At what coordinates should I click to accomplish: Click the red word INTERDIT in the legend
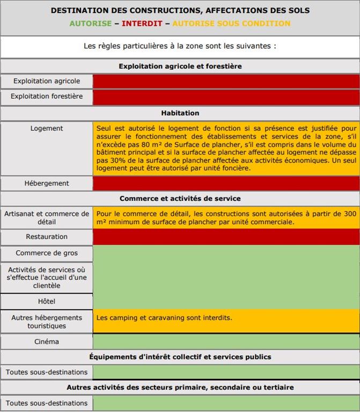click(142, 24)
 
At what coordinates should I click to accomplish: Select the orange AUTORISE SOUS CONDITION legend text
click(231, 24)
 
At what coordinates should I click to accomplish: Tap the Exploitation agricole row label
click(47, 81)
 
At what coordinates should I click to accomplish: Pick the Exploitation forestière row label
click(47, 97)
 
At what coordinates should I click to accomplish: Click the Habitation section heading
click(180, 113)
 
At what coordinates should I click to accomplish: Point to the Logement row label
click(47, 129)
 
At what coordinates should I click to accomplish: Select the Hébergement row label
click(47, 183)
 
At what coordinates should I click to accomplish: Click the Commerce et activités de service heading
click(180, 198)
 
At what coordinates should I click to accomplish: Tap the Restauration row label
click(47, 237)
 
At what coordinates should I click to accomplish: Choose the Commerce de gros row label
click(47, 253)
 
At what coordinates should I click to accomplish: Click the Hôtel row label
click(47, 301)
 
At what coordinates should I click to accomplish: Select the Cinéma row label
click(47, 342)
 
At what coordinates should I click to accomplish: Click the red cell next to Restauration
click(226, 237)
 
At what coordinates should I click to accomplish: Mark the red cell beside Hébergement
click(226, 183)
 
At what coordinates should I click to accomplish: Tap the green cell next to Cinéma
click(226, 342)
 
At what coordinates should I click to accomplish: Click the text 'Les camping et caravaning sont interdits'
click(164, 318)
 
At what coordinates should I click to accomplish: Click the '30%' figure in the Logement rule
click(116, 160)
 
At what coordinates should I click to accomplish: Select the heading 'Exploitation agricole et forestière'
click(180, 67)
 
